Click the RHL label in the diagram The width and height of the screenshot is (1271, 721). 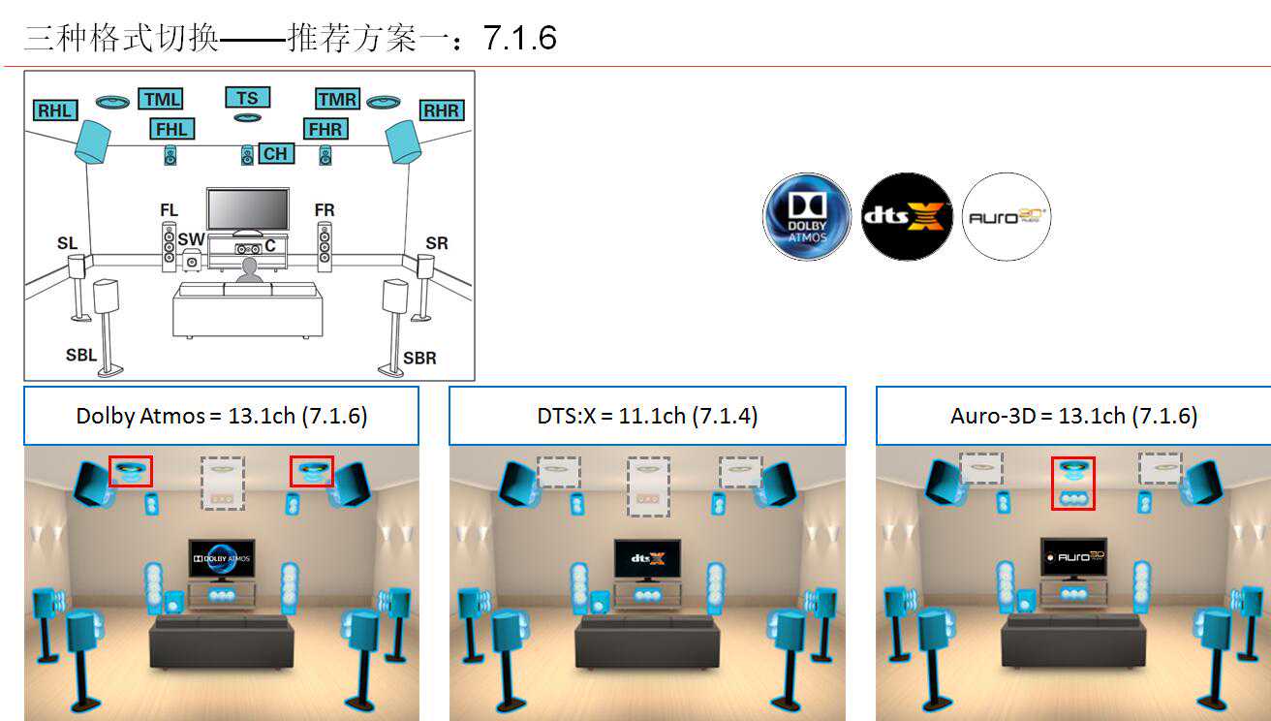55,110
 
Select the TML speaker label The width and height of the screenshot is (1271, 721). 161,99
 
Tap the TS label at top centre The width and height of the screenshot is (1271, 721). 247,97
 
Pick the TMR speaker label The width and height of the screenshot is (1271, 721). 337,99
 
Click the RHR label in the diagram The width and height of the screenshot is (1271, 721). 441,110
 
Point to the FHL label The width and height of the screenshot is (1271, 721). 171,129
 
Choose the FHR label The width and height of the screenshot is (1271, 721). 324,129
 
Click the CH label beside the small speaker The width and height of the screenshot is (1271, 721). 275,153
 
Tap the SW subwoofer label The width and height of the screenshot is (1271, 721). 191,239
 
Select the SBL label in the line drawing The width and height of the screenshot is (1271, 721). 81,355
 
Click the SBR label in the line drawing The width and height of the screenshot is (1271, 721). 419,358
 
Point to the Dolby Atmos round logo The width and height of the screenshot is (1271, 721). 807,217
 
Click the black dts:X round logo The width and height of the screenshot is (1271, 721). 908,217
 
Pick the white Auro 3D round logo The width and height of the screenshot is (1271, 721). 1007,217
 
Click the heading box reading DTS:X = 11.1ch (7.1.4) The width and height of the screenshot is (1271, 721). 647,416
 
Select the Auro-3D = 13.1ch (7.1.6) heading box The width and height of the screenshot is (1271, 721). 1073,416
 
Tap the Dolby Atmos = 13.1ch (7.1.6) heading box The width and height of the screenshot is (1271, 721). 221,416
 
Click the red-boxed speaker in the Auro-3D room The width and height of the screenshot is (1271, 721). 1072,483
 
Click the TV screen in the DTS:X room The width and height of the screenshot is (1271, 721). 647,559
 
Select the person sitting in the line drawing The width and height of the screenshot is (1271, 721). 249,271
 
